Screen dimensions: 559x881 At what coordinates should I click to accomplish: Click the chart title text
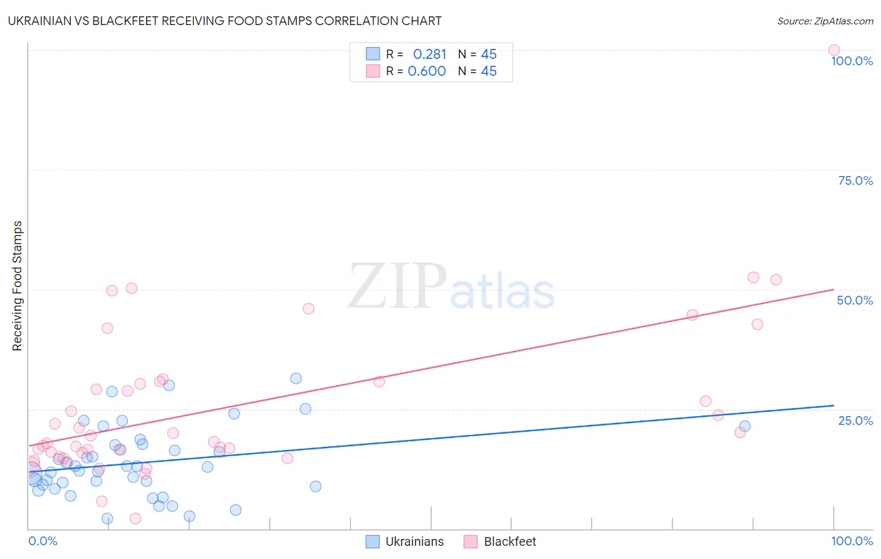coord(224,21)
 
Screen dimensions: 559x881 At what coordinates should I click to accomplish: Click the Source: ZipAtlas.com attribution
coord(825,21)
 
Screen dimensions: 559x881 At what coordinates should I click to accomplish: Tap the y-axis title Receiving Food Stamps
coord(18,286)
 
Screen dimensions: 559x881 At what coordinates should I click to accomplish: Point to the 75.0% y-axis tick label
coord(855,180)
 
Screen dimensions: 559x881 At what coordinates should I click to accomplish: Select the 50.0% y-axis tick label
coord(855,300)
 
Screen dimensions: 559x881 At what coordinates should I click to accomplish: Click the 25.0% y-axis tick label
coord(855,421)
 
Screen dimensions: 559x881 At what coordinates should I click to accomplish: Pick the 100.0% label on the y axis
coord(852,61)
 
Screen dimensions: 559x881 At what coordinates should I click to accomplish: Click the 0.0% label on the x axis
coord(43,541)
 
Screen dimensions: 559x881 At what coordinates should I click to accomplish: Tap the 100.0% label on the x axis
coord(852,541)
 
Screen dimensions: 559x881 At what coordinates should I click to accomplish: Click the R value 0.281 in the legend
coord(429,55)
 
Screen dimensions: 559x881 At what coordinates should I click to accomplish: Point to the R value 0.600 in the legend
coord(427,71)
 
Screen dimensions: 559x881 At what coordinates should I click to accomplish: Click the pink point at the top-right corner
coord(833,50)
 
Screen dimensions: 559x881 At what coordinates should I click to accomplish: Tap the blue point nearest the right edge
coord(744,426)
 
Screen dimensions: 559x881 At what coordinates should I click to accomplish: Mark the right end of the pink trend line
coord(833,290)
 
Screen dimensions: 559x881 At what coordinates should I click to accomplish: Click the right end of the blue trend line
coord(833,405)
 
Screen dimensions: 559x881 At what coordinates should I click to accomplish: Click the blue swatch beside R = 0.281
coord(373,54)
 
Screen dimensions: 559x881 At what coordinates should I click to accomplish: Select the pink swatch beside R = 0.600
coord(373,71)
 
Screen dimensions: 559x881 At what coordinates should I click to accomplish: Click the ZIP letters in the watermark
coord(397,287)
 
